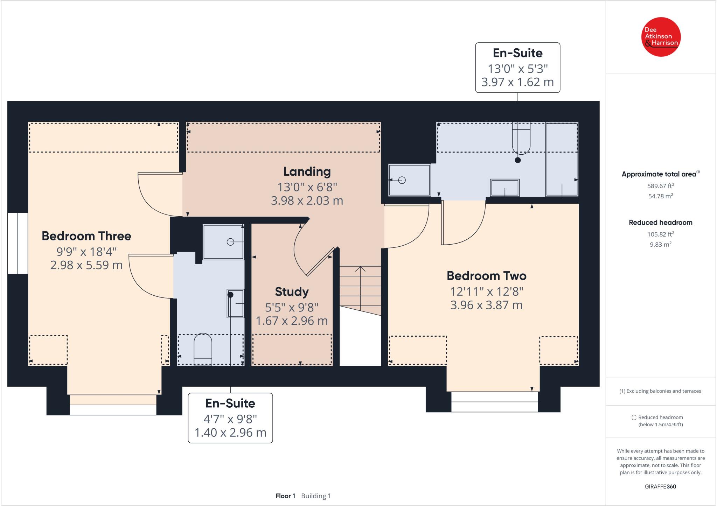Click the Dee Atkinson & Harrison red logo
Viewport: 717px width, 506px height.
(661, 37)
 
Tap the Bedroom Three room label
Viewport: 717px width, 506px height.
(86, 236)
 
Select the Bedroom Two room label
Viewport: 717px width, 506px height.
(486, 276)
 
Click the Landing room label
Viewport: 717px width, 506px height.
(307, 171)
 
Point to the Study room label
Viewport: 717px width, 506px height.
(292, 291)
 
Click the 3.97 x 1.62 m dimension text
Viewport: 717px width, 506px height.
(517, 82)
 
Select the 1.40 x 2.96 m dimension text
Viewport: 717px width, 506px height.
(230, 433)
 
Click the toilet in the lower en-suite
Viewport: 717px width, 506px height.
(203, 349)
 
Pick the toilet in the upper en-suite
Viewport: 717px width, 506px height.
(521, 138)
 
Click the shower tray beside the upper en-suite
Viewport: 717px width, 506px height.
(409, 180)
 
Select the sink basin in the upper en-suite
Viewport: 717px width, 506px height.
(504, 188)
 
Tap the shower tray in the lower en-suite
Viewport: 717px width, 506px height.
(223, 242)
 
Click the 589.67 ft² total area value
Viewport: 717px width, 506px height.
(661, 185)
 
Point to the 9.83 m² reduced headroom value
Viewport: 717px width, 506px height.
(661, 244)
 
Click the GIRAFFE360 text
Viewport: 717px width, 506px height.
(660, 486)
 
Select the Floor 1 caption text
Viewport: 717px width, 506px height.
(285, 496)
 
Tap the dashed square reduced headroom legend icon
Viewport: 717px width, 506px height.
(634, 417)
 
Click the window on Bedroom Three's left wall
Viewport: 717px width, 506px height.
(18, 243)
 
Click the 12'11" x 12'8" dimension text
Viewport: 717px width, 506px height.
(486, 291)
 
